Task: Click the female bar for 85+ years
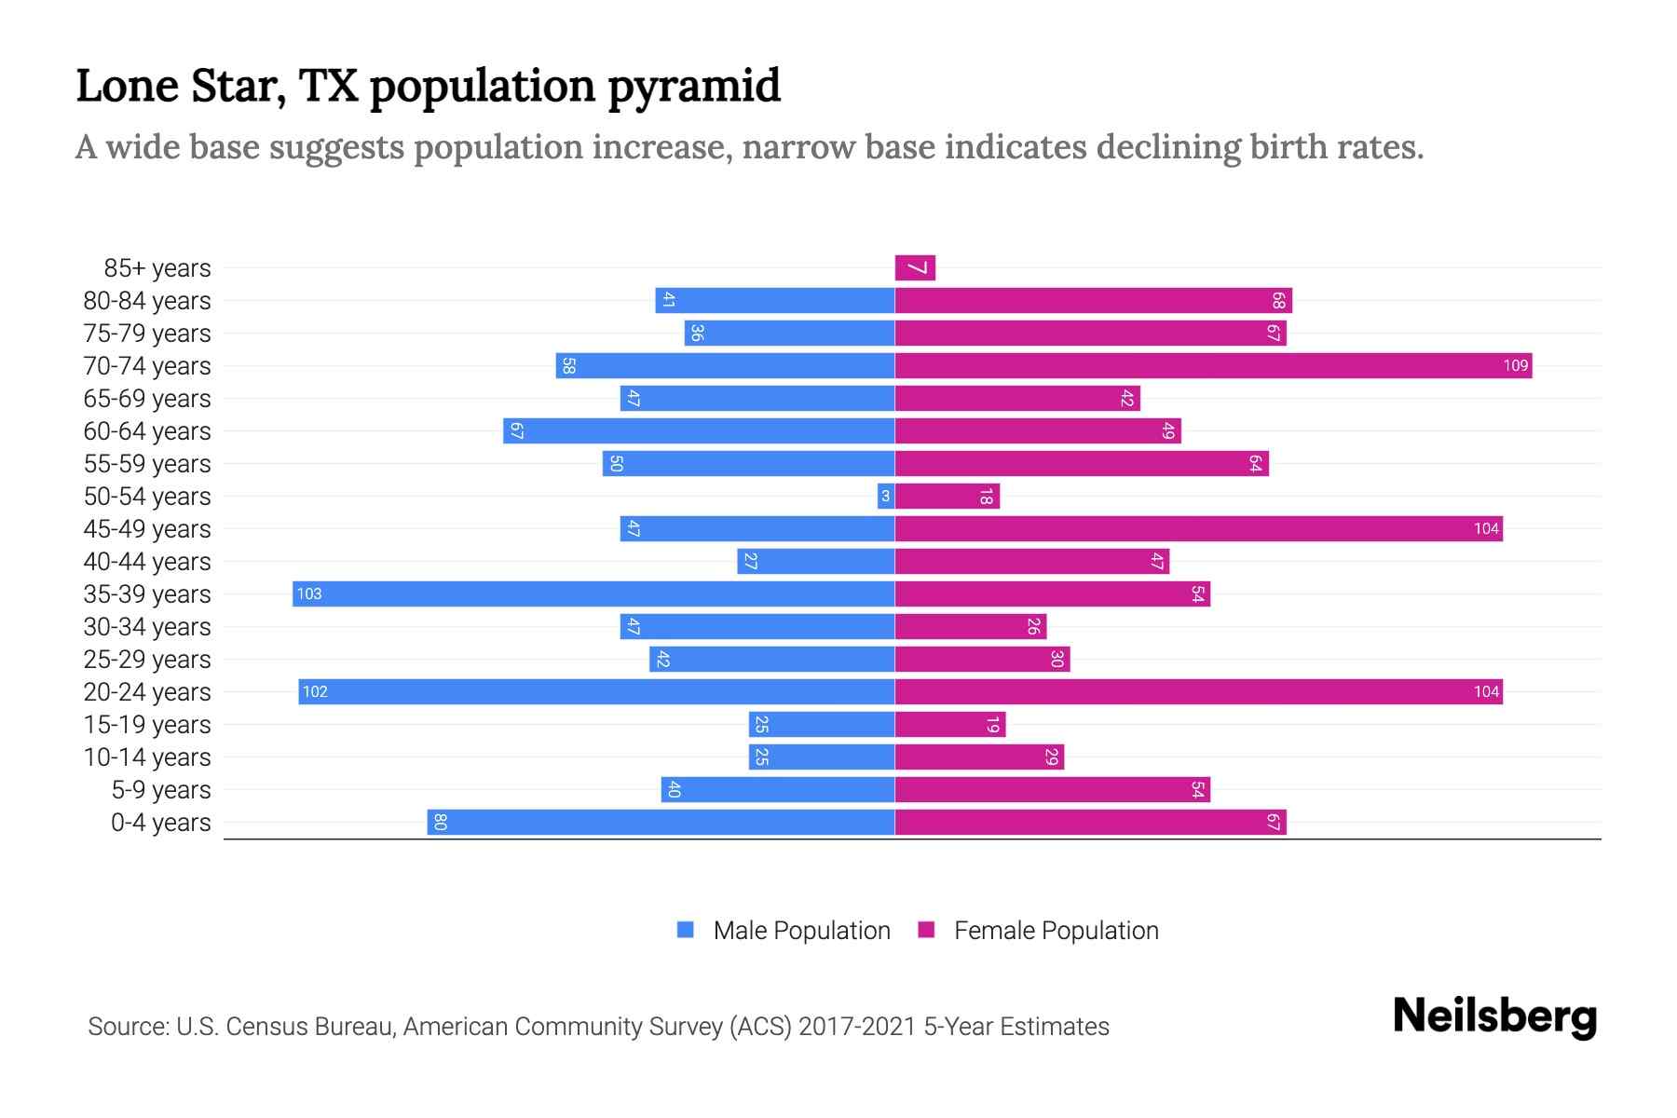pyautogui.click(x=915, y=268)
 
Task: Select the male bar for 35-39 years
pyautogui.click(x=593, y=594)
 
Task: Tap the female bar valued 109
pyautogui.click(x=1213, y=366)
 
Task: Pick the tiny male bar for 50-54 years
pyautogui.click(x=885, y=497)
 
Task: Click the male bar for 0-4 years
pyautogui.click(x=661, y=823)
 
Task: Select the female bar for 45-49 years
pyautogui.click(x=1198, y=529)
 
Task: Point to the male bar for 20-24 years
pyautogui.click(x=596, y=692)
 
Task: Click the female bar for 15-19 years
pyautogui.click(x=949, y=725)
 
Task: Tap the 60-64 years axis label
pyautogui.click(x=147, y=431)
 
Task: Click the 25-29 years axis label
pyautogui.click(x=147, y=660)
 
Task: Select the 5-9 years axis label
pyautogui.click(x=161, y=790)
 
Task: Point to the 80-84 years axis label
pyautogui.click(x=147, y=301)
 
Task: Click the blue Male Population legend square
pyautogui.click(x=686, y=930)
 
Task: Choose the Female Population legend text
pyautogui.click(x=1056, y=931)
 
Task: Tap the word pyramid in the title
pyautogui.click(x=694, y=87)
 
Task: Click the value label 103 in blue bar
pyautogui.click(x=309, y=594)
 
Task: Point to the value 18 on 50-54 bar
pyautogui.click(x=986, y=497)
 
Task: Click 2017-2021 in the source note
pyautogui.click(x=857, y=1027)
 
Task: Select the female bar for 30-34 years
pyautogui.click(x=970, y=627)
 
